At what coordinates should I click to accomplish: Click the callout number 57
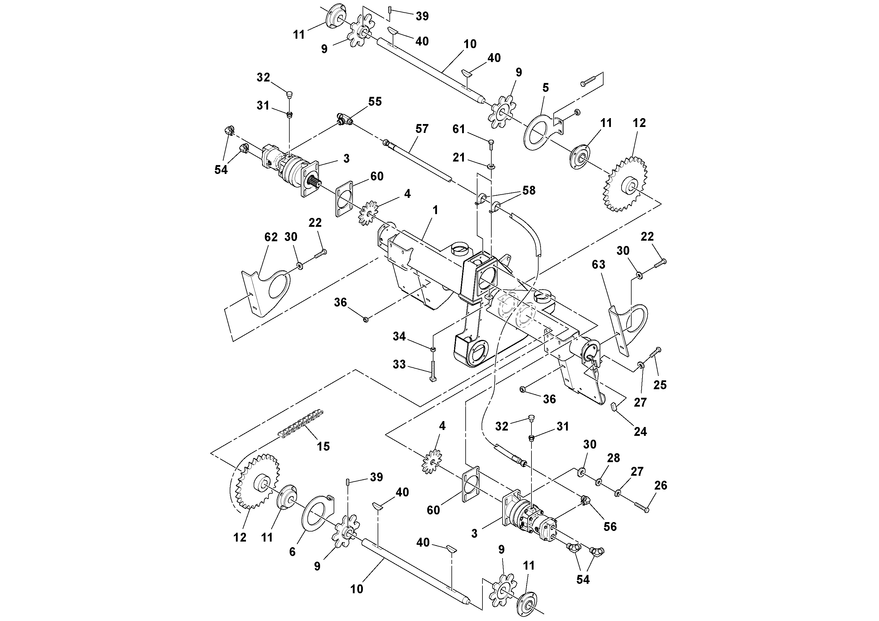coord(422,129)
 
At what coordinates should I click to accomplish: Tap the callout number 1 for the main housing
coord(435,210)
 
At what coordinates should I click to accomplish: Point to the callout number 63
coord(598,264)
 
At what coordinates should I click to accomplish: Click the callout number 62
coord(271,237)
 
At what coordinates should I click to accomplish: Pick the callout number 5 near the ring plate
coord(546,88)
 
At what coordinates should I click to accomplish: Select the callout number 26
coord(661,485)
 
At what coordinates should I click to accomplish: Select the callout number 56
coord(610,527)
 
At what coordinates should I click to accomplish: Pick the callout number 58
coord(529,190)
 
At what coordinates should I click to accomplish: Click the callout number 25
coord(660,385)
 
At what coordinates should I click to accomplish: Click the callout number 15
coord(323,446)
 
